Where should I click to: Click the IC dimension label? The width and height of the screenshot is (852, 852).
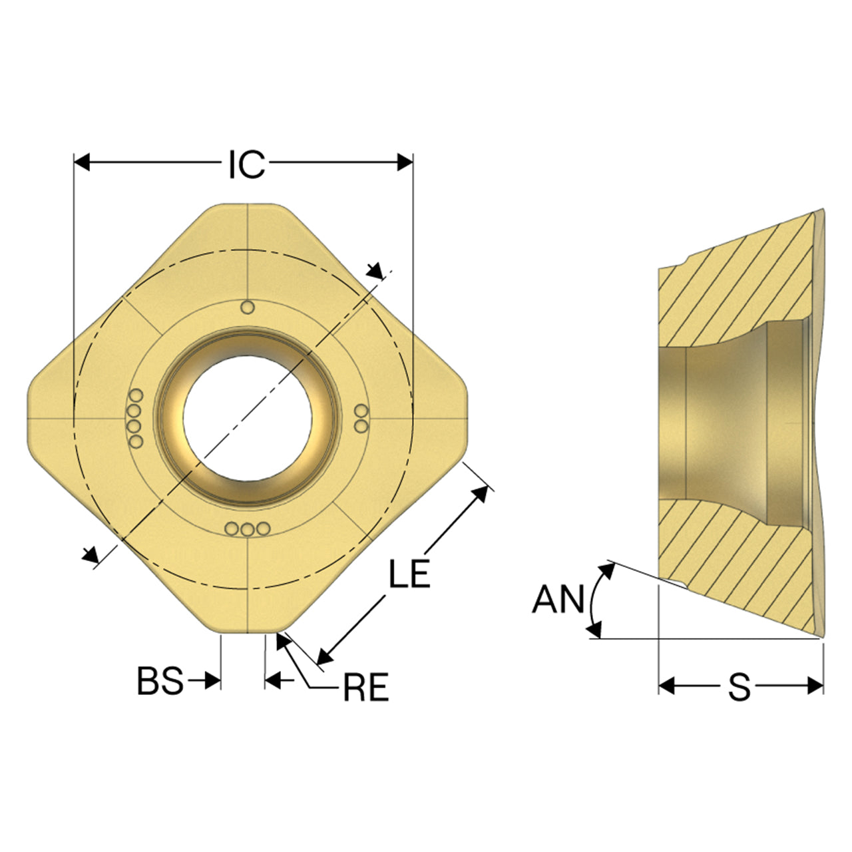(x=247, y=164)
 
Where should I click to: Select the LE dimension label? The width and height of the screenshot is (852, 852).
(x=409, y=573)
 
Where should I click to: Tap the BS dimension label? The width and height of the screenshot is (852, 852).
(x=160, y=681)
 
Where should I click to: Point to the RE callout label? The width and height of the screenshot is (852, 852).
(x=366, y=688)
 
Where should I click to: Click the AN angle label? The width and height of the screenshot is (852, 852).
(x=558, y=599)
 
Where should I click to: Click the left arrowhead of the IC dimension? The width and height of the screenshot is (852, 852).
(x=82, y=162)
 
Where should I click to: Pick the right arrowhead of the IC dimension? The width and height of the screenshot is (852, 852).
(x=405, y=162)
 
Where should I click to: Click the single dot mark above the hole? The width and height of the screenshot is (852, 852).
(x=248, y=307)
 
